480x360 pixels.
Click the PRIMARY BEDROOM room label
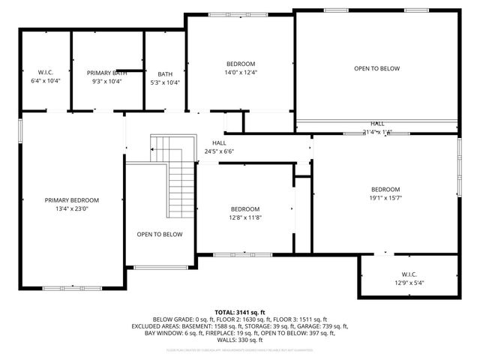point(71,200)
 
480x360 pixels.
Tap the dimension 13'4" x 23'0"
point(71,209)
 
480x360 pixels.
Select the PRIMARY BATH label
point(106,73)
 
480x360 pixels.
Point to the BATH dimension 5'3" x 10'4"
point(165,82)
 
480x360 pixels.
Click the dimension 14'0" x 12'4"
point(241,72)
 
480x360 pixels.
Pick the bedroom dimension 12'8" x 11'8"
point(245,217)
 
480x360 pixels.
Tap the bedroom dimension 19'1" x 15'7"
point(385,198)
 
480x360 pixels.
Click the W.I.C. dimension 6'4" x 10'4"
point(46,80)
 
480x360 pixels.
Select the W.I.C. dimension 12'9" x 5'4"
point(408,283)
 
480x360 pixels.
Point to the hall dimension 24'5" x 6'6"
point(219,151)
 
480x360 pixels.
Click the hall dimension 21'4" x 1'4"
point(377,132)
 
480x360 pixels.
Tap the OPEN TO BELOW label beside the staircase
point(160,235)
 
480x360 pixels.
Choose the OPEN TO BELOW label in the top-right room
point(376,68)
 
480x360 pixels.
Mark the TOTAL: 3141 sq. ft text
point(240,312)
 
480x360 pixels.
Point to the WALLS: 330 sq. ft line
point(240,340)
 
